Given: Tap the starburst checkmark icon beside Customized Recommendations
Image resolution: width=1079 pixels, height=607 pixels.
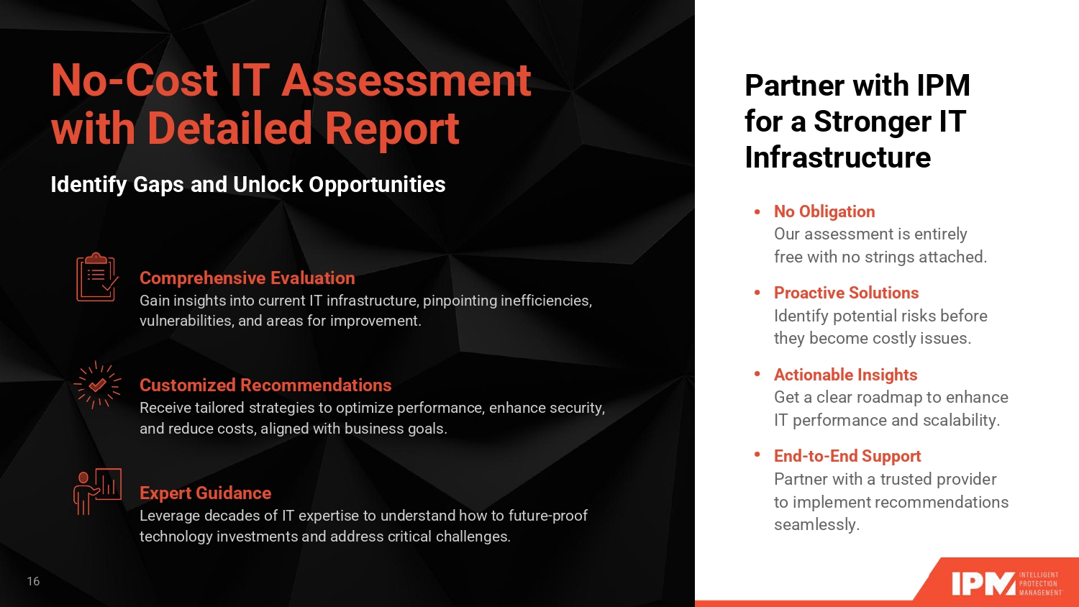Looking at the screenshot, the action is coord(97,385).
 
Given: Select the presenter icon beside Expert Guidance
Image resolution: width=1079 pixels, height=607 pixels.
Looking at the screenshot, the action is coord(97,491).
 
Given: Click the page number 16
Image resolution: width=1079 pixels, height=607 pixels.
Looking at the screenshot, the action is coord(33,581).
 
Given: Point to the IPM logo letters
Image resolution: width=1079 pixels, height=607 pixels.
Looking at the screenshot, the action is coord(983,584).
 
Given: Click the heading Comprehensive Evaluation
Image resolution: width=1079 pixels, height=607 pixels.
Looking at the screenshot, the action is coord(247,278).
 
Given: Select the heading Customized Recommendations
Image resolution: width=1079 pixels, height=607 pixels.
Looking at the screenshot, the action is coord(265,385).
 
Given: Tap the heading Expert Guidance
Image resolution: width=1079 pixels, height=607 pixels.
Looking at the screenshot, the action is coord(205,493).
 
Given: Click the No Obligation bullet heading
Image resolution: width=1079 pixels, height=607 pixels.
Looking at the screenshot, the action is coord(824,211).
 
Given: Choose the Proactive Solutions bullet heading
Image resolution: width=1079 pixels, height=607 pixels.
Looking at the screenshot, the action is coord(847,293).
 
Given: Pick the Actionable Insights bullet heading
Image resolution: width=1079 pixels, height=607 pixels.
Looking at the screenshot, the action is coord(845,374).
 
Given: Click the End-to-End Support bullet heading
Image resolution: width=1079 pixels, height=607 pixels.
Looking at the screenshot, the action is coord(847,456).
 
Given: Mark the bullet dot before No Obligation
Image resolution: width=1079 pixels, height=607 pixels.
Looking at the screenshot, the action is coord(757,211).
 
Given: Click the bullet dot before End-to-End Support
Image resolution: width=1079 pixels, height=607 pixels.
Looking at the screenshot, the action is coord(757,455).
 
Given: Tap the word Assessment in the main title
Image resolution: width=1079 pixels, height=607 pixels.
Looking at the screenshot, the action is coord(406,81).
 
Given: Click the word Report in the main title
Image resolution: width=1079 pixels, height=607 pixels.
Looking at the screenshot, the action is coord(392,129).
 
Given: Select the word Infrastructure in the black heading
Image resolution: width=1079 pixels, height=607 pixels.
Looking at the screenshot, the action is coord(838,157).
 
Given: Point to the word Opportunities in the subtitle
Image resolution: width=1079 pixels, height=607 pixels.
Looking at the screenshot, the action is coord(377,184).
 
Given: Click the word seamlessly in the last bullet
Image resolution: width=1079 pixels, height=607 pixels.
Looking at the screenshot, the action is coord(817,524).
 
